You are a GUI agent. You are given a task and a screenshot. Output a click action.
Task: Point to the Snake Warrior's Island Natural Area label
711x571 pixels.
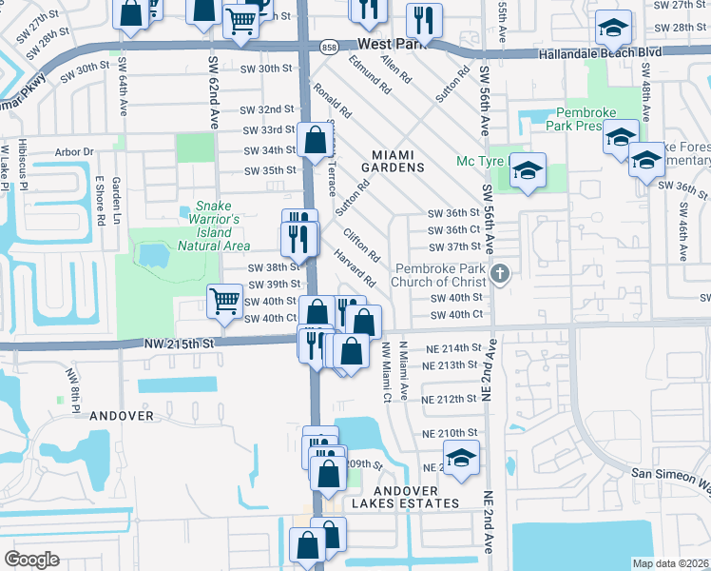pyautogui.click(x=214, y=226)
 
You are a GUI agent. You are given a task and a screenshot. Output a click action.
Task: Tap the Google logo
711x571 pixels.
pyautogui.click(x=32, y=560)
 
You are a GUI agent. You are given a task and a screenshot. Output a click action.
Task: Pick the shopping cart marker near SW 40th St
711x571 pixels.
pyautogui.click(x=225, y=302)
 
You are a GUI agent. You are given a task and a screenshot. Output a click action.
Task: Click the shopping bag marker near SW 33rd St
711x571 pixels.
pyautogui.click(x=314, y=141)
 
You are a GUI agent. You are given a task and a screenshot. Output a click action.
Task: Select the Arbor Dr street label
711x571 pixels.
pyautogui.click(x=75, y=151)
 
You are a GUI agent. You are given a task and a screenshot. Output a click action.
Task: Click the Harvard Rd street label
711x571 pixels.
pyautogui.click(x=356, y=269)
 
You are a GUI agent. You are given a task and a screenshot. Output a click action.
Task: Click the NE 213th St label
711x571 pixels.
pyautogui.click(x=449, y=365)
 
